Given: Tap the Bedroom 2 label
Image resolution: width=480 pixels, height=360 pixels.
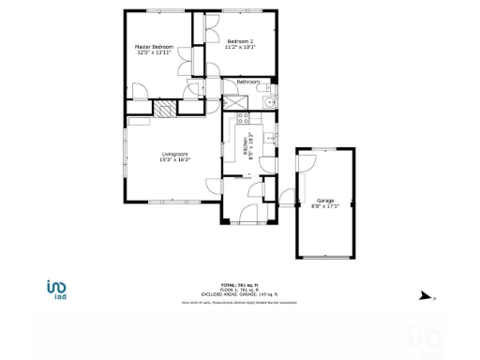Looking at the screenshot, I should coord(241,40).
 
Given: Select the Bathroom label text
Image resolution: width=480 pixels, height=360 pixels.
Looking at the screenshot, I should coord(247,82).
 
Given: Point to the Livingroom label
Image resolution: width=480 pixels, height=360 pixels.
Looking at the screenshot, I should coord(175,154).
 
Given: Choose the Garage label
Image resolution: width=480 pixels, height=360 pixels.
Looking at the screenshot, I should coord(325,201).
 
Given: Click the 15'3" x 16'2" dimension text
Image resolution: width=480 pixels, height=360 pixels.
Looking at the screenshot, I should coord(175,160).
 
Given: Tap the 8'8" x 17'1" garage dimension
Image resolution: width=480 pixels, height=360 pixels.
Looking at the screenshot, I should coord(325,206).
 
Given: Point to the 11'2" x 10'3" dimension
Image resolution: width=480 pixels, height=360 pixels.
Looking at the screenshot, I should coord(241,47).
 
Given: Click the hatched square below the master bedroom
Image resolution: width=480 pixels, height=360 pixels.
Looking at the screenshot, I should coord(165,108).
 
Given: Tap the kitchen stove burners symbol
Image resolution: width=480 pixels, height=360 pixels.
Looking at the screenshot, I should coord(244,119).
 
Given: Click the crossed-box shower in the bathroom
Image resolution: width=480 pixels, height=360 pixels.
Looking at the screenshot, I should coord(229,103).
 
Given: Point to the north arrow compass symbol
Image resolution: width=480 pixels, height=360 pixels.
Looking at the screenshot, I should coord(427,296).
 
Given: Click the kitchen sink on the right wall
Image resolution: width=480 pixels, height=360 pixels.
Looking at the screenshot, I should coord(271,138).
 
